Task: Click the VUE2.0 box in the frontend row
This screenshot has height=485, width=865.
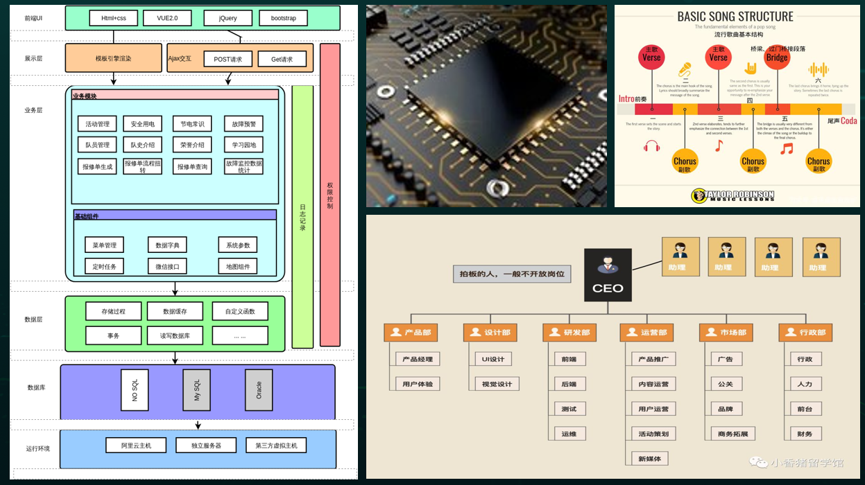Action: point(167,19)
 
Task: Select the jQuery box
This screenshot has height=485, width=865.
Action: point(228,19)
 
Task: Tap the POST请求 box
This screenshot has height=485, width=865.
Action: point(228,60)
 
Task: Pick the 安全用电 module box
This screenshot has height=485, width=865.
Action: point(142,124)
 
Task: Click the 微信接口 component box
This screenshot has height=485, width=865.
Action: point(167,266)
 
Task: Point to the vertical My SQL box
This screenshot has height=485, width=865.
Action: point(197,390)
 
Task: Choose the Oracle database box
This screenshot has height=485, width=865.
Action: point(259,390)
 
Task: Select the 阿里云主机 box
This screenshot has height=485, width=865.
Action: point(136,445)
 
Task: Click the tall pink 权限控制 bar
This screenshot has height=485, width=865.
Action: point(330,195)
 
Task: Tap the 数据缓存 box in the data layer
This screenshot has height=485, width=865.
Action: point(175,311)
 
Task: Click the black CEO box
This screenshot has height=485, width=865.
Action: point(608,274)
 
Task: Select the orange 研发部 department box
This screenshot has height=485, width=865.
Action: point(569,333)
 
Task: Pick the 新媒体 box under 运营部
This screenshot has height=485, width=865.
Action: point(649,459)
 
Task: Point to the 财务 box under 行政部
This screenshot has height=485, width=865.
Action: point(805,434)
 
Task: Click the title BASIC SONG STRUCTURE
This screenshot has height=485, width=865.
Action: point(735,17)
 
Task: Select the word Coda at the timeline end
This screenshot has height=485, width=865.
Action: point(849,121)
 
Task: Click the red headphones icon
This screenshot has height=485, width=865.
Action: point(651,146)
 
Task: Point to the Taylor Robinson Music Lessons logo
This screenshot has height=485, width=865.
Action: point(733,195)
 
